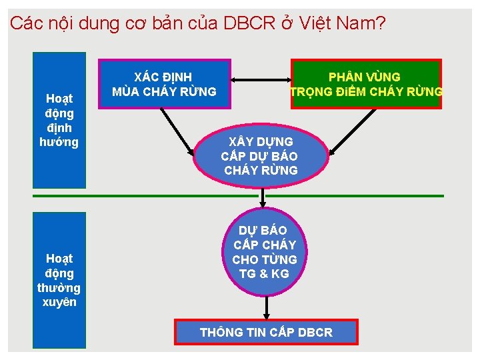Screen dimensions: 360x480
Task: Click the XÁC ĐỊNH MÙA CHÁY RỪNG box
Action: [165, 84]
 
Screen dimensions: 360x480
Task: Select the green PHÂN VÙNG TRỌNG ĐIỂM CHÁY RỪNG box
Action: [365, 84]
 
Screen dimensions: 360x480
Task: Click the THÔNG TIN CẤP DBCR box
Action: [265, 332]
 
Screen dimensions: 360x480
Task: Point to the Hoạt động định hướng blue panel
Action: [60, 120]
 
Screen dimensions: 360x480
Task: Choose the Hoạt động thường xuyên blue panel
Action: [60, 279]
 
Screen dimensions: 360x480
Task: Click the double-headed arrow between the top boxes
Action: [261, 81]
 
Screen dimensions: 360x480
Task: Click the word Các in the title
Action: [25, 24]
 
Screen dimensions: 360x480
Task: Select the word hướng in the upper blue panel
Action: [60, 142]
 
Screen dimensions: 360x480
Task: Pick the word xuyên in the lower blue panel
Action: [60, 302]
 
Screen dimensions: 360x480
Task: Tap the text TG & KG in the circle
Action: [264, 273]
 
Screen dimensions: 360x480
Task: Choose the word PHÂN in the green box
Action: [347, 77]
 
